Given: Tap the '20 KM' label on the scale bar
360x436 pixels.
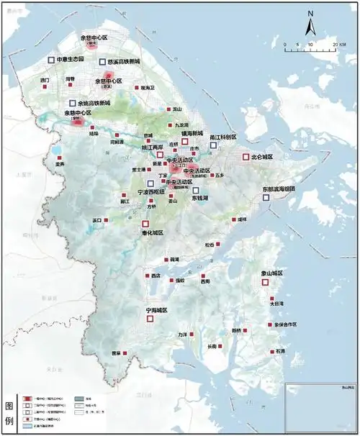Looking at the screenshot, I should [340, 45].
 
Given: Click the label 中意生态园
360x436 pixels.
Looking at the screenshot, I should [71, 59].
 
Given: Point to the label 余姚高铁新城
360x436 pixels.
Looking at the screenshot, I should [96, 104].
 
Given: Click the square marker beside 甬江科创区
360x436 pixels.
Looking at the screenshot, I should [213, 145].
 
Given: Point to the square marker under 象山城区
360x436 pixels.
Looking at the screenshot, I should [265, 283].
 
